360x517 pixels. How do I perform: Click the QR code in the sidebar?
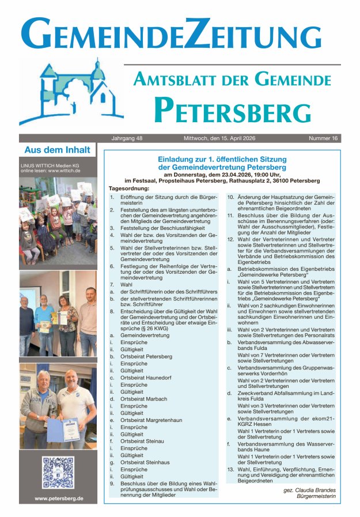pyautogui.click(x=58, y=473)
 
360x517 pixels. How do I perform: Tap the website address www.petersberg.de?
pyautogui.click(x=58, y=499)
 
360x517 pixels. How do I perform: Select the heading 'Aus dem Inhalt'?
pyautogui.click(x=57, y=150)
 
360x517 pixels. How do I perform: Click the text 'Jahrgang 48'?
pyautogui.click(x=127, y=138)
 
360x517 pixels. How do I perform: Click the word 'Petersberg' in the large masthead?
pyautogui.click(x=232, y=110)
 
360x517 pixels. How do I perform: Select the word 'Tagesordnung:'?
pyautogui.click(x=129, y=188)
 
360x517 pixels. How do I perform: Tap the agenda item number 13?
pyautogui.click(x=230, y=469)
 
